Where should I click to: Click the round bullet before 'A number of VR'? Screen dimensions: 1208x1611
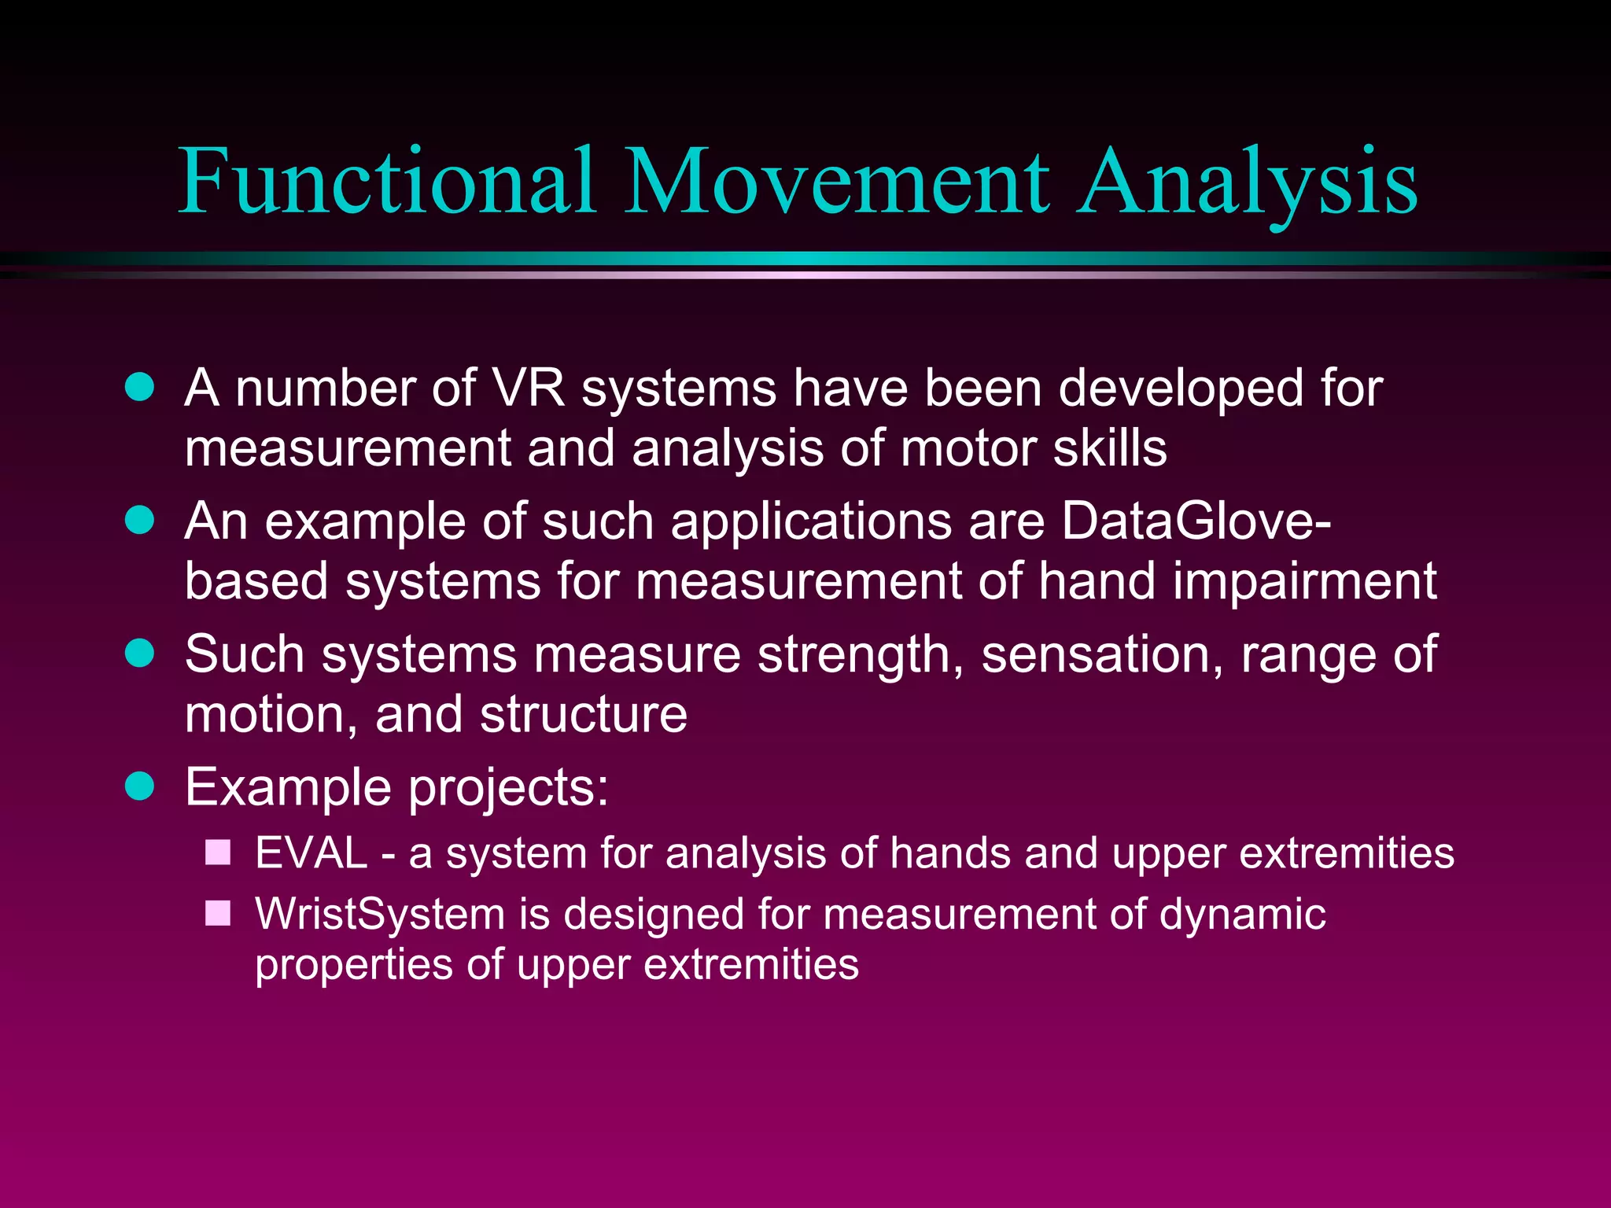click(x=140, y=388)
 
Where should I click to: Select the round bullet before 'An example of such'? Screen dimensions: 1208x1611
click(x=140, y=521)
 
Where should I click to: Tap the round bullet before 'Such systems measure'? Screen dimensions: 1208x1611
click(x=140, y=654)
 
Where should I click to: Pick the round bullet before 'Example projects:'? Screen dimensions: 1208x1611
click(x=140, y=786)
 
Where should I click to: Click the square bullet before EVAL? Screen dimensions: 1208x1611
click(x=218, y=853)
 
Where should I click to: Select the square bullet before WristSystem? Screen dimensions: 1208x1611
click(x=218, y=913)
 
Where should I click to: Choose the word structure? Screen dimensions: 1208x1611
click(x=583, y=714)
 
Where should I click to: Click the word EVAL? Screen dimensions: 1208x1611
click(x=312, y=853)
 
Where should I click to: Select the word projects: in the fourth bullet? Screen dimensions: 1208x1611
click(x=508, y=788)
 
